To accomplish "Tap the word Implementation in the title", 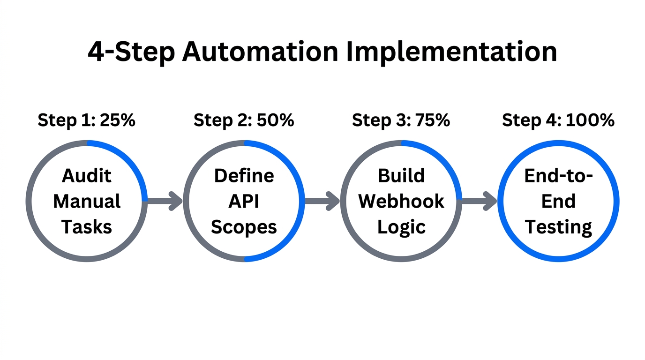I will pos(451,52).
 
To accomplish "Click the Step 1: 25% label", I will pos(87,120).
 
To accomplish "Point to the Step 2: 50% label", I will pos(244,120).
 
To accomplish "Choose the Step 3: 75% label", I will pos(401,120).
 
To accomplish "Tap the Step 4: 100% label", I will pos(558,120).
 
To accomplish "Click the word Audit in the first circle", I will pos(87,176).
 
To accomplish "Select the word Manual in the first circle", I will pos(87,202).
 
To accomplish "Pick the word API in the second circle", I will pos(244,202).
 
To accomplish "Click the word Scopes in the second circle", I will pos(244,227).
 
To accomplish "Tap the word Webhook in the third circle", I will pos(401,202).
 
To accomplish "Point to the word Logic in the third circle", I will pos(401,227).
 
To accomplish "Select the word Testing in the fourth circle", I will pos(558,227).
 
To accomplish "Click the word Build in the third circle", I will pos(401,176).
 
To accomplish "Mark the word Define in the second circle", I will pos(244,176).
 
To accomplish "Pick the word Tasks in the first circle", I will pos(87,227).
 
